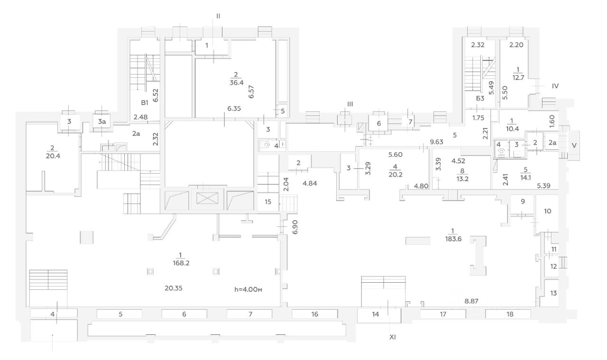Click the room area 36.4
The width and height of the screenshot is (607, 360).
(236, 83)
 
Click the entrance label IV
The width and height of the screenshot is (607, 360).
(556, 86)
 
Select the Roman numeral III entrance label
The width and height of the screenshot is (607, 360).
(350, 104)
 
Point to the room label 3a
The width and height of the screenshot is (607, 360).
(101, 122)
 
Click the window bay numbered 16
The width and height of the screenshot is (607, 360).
(314, 314)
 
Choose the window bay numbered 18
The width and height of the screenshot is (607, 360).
(510, 314)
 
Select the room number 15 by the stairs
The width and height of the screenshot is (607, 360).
(268, 202)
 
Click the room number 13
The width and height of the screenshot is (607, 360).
(553, 294)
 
